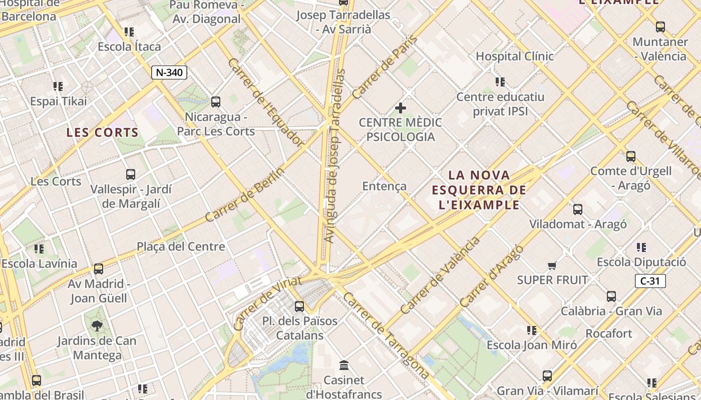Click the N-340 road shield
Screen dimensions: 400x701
pyautogui.click(x=169, y=72)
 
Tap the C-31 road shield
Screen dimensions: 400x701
pyautogui.click(x=650, y=281)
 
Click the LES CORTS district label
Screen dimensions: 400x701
pyautogui.click(x=102, y=132)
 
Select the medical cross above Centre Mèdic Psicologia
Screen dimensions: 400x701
pyautogui.click(x=401, y=107)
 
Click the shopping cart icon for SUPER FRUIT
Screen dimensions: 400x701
pyautogui.click(x=552, y=265)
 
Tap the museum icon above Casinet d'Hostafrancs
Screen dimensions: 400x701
pyautogui.click(x=343, y=365)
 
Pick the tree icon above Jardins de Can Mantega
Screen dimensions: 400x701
pyautogui.click(x=97, y=326)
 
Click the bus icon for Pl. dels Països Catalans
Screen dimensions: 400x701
pyautogui.click(x=299, y=306)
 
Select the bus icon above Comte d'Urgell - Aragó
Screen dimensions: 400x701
pyautogui.click(x=631, y=156)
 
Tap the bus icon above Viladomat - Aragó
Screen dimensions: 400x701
pyautogui.click(x=578, y=209)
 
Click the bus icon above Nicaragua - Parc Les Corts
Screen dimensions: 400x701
pyautogui.click(x=216, y=102)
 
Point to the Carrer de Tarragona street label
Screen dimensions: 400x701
pyautogui.click(x=386, y=335)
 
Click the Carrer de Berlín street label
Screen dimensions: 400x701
pyautogui.click(x=245, y=194)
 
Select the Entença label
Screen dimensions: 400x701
pyautogui.click(x=385, y=186)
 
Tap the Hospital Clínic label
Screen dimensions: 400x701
pyautogui.click(x=514, y=56)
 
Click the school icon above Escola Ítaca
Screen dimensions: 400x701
pyautogui.click(x=129, y=32)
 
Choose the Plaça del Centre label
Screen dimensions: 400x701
pyautogui.click(x=181, y=246)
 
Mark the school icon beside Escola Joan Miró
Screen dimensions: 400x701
pyautogui.click(x=532, y=330)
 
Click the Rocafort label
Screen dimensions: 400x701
pyautogui.click(x=608, y=333)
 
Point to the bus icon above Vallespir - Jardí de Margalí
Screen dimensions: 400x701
pyautogui.click(x=131, y=174)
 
